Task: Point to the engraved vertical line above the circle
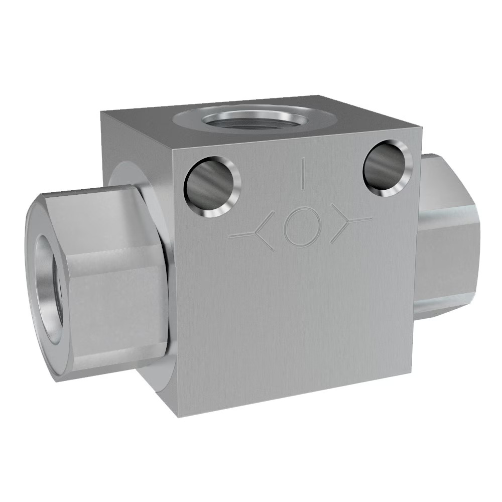pos(302,173)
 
